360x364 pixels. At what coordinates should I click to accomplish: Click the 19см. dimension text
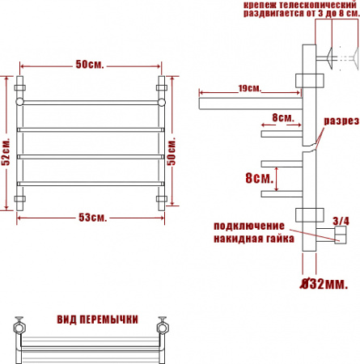[x=248, y=87]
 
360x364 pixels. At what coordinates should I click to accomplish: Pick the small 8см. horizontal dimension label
[x=282, y=117]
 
